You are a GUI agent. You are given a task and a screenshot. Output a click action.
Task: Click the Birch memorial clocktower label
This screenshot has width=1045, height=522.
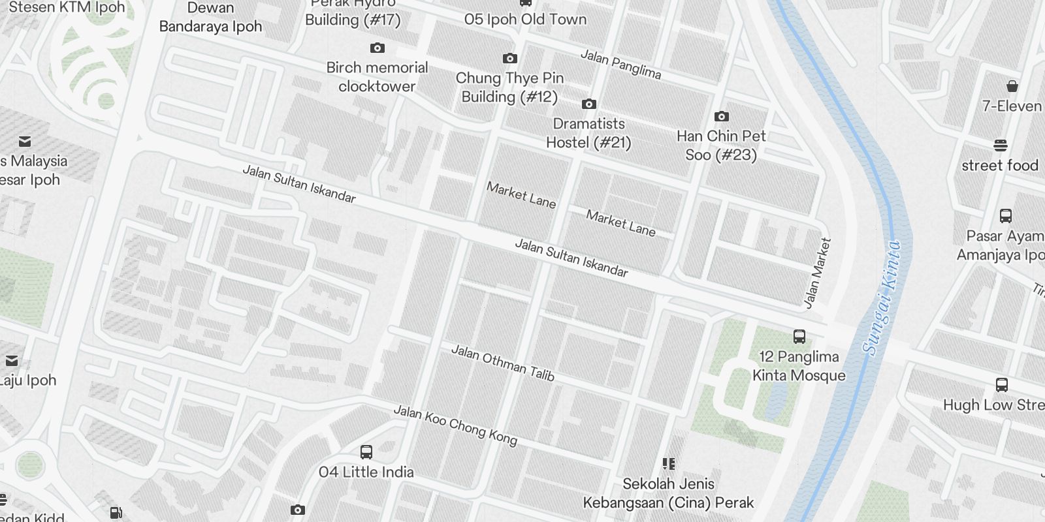(377, 77)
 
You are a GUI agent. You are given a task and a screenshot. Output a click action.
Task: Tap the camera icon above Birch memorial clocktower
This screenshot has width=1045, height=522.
(377, 48)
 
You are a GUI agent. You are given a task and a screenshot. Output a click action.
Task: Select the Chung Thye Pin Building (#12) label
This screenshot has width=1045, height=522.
(509, 87)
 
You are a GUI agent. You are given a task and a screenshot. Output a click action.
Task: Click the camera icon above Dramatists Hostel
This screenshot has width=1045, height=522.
(588, 104)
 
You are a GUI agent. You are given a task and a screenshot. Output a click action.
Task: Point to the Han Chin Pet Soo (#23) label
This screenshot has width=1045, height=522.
(721, 146)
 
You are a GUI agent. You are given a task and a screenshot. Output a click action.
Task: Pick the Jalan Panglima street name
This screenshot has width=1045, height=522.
(620, 65)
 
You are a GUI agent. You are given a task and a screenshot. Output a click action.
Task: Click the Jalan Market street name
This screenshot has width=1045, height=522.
(818, 273)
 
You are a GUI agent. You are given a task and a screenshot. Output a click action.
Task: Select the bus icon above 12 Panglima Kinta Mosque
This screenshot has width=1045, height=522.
(799, 337)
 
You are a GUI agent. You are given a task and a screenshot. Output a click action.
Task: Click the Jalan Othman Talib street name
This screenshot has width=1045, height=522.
(502, 363)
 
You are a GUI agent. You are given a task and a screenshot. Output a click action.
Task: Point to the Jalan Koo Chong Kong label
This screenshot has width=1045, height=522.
(455, 425)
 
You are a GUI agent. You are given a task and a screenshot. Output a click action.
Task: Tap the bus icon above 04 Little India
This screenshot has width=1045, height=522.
(366, 452)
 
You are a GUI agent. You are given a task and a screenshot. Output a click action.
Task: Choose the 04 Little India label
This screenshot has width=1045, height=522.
(366, 472)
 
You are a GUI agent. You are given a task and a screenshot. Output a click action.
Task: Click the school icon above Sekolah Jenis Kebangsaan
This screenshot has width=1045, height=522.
(668, 464)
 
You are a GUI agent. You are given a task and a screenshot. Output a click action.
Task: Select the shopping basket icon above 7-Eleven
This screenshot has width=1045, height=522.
(1012, 86)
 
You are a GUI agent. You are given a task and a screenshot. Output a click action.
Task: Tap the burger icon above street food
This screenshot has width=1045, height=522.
(1001, 145)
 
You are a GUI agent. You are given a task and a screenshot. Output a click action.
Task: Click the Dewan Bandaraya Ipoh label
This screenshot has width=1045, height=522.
(210, 18)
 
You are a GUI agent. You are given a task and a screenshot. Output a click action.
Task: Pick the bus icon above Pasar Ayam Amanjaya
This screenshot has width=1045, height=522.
(1006, 215)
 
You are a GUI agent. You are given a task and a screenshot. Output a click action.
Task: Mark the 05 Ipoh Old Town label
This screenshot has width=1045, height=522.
(525, 20)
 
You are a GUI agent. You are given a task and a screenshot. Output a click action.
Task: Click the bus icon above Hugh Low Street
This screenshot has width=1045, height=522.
(1001, 384)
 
